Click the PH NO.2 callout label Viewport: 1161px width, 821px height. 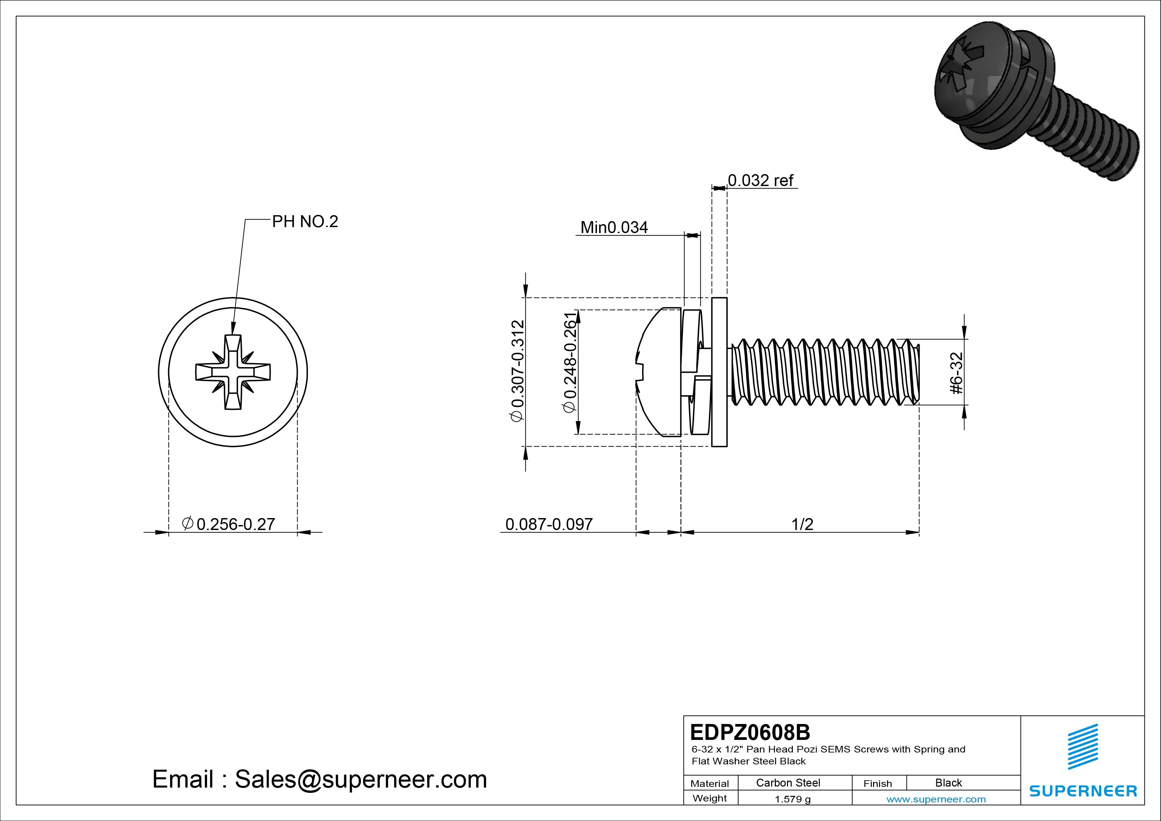click(305, 221)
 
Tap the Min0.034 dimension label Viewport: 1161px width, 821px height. click(614, 228)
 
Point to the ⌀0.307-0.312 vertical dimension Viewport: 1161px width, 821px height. click(518, 370)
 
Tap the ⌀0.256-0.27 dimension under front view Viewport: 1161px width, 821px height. click(229, 524)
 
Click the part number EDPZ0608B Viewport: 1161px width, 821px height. click(750, 732)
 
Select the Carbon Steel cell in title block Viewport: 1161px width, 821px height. click(788, 783)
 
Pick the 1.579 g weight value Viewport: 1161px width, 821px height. click(792, 799)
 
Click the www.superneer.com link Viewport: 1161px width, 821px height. click(936, 799)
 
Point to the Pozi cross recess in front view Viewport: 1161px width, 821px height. click(233, 372)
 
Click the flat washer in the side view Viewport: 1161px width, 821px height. click(719, 372)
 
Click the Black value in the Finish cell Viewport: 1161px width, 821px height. click(948, 783)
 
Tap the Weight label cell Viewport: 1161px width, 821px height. click(710, 798)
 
